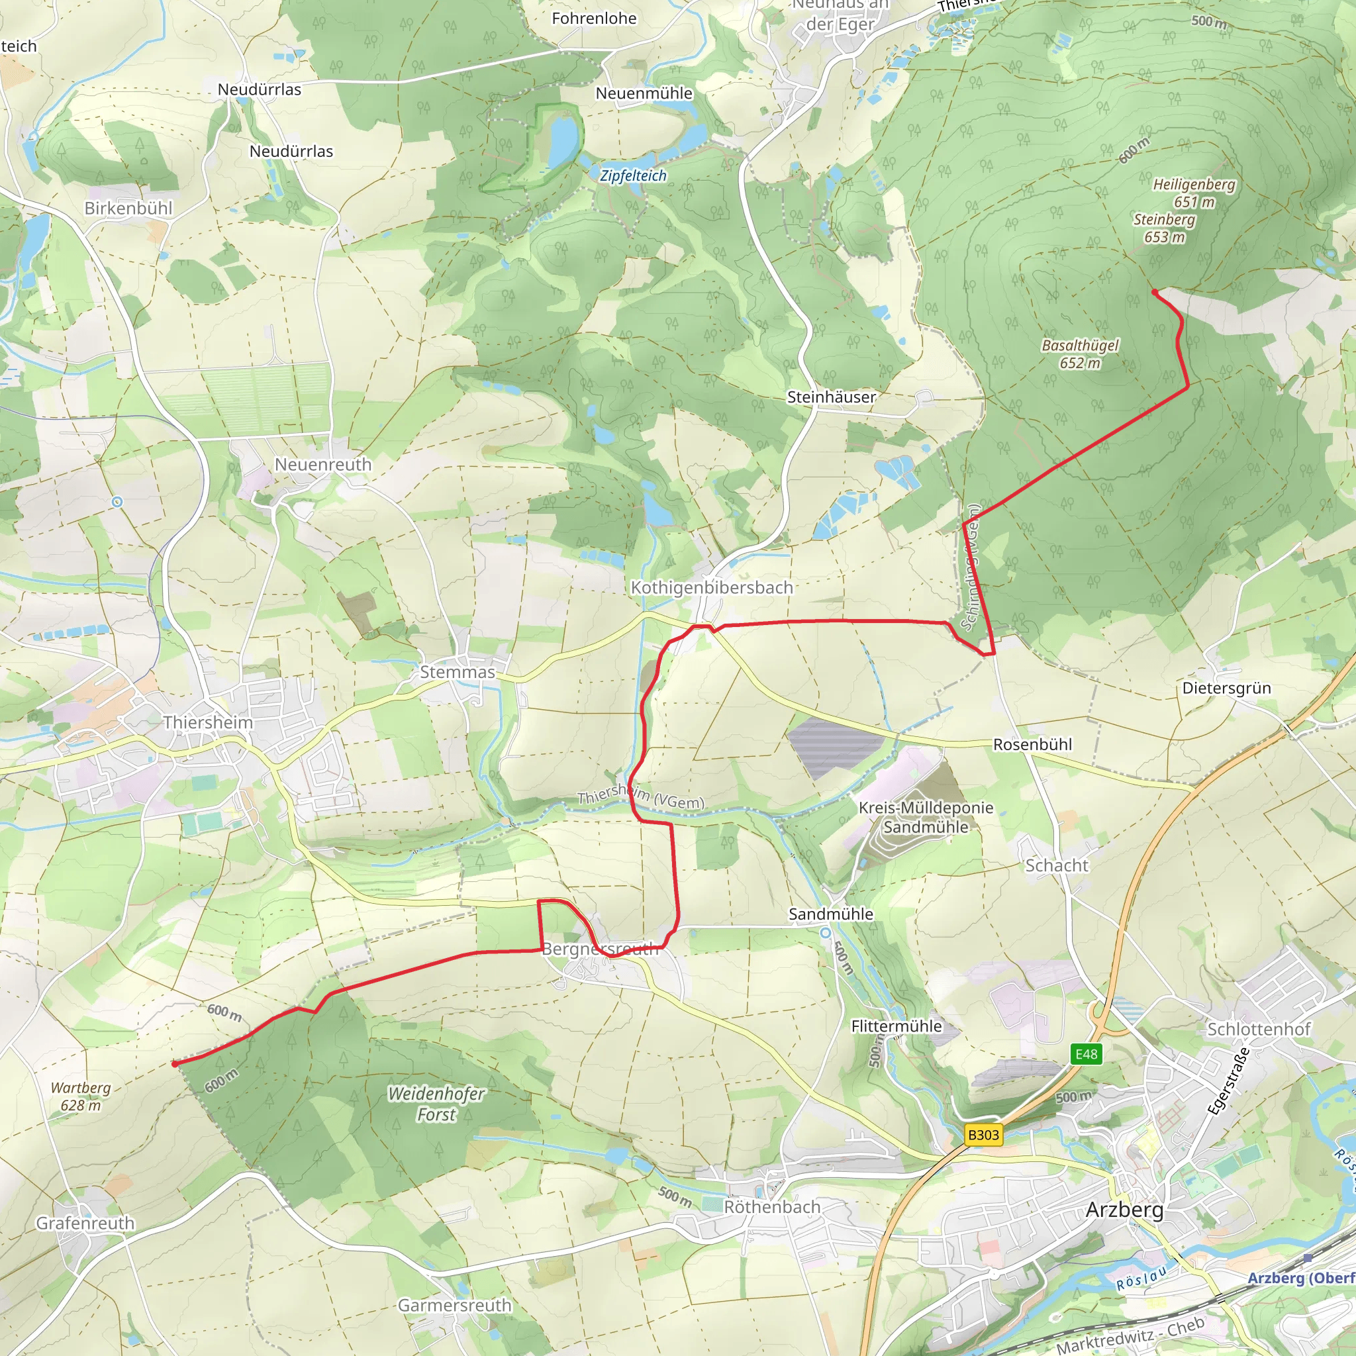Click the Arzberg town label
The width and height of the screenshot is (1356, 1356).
tap(1124, 1208)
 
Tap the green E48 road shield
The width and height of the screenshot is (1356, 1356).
tap(1086, 1053)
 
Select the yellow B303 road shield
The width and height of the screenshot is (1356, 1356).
tap(983, 1134)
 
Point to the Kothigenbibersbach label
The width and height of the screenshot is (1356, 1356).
tap(712, 587)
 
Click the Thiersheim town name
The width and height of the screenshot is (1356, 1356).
tap(208, 722)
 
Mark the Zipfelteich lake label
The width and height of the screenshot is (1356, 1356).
tap(632, 175)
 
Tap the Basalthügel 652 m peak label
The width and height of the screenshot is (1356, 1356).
tap(1079, 354)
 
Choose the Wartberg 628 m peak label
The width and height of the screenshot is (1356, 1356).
tap(81, 1096)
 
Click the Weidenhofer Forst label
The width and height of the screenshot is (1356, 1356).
tap(436, 1104)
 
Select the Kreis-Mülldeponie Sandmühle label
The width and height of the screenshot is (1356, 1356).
tap(926, 817)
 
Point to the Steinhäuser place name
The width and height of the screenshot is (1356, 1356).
tap(831, 397)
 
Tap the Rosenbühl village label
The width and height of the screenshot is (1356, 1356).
tap(1032, 745)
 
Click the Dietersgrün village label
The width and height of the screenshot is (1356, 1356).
tap(1226, 688)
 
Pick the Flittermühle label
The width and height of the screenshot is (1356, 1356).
tap(896, 1026)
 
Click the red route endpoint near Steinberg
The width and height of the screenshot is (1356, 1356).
tap(1155, 292)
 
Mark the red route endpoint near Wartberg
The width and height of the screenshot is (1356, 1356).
tap(174, 1064)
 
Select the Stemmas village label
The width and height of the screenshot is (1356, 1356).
tap(457, 671)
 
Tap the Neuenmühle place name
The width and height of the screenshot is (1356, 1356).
tap(644, 93)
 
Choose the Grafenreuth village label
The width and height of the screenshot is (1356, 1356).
tap(85, 1223)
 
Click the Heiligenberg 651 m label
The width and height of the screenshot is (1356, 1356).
tap(1194, 193)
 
